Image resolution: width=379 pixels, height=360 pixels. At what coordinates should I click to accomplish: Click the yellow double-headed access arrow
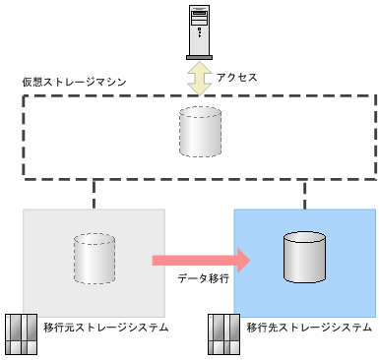200,78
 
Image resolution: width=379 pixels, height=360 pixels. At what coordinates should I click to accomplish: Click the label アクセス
235,77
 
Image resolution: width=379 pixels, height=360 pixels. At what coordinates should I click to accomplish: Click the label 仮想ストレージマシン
65,80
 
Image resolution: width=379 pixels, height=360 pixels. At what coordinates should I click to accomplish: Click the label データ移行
203,279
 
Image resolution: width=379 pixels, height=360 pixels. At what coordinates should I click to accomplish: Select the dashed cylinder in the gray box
94,259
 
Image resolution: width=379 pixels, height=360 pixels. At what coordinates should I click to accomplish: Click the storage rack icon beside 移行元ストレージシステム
22,335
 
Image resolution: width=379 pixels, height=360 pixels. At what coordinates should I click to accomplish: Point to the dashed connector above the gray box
94,193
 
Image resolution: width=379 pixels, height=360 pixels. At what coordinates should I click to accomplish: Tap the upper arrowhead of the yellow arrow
200,67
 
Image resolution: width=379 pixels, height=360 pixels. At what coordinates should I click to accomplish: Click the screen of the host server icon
200,17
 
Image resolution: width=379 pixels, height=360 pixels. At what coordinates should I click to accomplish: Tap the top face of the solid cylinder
304,239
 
